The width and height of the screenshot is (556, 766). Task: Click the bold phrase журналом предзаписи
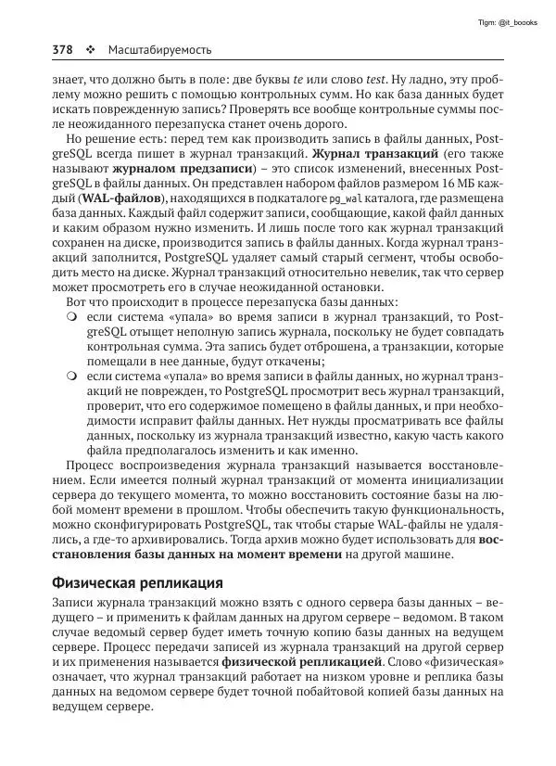tap(164, 171)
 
